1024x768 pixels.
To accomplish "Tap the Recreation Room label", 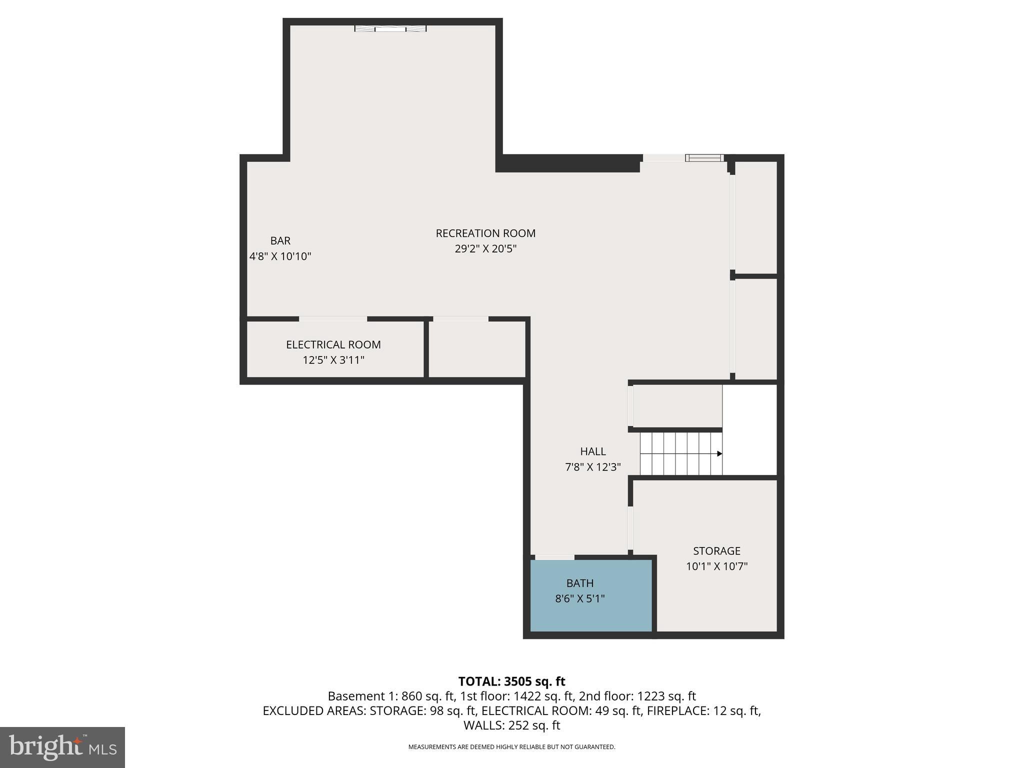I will click(x=485, y=233).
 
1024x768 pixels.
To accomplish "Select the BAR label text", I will click(x=280, y=241).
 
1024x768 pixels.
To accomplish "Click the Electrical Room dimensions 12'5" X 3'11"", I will click(x=333, y=360).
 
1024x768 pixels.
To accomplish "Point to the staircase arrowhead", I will click(x=719, y=453).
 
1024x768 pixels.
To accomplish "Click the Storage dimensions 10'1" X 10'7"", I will click(x=716, y=566).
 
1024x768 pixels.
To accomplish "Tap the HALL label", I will click(x=592, y=451).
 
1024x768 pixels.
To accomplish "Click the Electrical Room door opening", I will click(x=332, y=319).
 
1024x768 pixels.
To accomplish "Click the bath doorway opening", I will click(x=554, y=557).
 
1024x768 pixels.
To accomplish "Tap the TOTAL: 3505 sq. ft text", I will click(x=511, y=681).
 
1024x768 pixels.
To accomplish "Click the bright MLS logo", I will click(x=62, y=747).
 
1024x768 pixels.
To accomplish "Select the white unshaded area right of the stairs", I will click(x=749, y=430).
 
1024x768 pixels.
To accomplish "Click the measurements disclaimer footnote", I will click(x=511, y=747).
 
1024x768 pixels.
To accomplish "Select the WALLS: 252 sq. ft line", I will click(x=511, y=725).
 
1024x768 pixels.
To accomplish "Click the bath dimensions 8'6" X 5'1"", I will click(x=579, y=598).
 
